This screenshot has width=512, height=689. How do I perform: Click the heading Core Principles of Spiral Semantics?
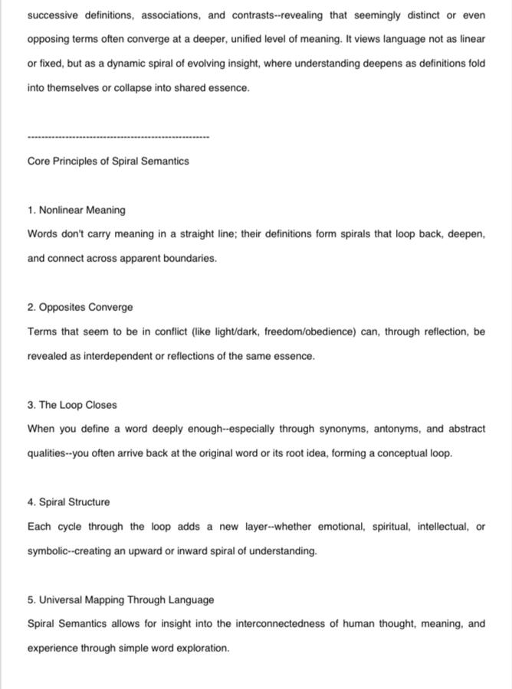coord(108,162)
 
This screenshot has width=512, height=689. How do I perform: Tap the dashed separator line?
coord(118,138)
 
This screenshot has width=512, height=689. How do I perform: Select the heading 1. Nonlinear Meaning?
coord(77,210)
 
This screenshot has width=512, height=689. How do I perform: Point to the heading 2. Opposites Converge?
coord(80,307)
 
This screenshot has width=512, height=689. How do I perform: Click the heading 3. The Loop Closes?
coord(72,405)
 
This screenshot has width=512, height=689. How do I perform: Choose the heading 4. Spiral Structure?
coord(68,502)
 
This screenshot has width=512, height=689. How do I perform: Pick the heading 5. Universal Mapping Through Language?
coord(120,600)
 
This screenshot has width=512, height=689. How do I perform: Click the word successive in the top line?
coord(52,15)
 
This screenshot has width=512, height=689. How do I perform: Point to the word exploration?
coord(202,648)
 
